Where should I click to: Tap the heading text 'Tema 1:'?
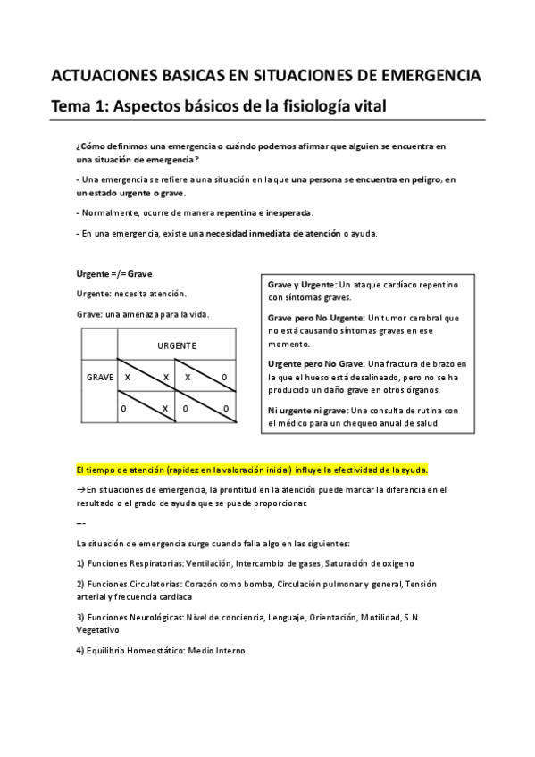click(82, 107)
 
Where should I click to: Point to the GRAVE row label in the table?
click(99, 378)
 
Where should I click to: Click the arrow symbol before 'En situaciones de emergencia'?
click(80, 490)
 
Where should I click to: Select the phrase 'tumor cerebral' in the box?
click(421, 318)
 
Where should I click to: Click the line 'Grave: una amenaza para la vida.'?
click(143, 314)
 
